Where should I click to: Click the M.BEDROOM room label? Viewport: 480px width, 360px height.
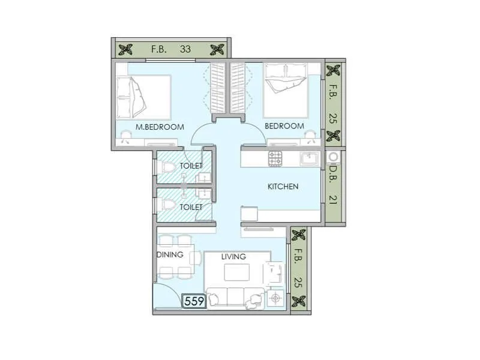160,127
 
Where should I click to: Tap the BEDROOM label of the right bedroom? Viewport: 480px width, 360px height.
284,126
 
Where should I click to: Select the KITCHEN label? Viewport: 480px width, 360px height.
283,187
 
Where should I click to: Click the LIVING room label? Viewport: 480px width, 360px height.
233,257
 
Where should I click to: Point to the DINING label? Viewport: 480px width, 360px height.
170,254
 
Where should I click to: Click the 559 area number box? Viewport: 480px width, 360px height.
194,301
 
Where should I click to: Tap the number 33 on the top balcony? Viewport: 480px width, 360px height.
185,49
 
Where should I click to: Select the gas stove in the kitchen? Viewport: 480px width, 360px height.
275,158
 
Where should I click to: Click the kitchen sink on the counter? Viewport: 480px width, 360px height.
310,158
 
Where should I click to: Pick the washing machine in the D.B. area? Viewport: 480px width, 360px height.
334,157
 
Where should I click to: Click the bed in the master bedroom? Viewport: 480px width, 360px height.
144,97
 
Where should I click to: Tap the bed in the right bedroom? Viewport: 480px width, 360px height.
287,90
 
